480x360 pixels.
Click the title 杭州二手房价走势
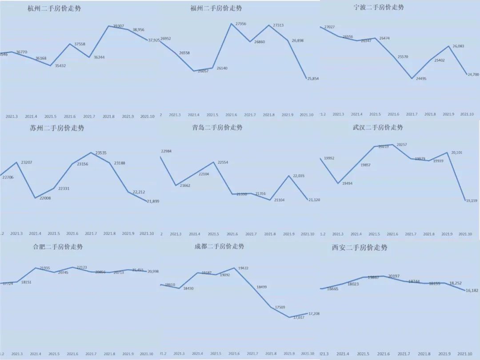tap(54, 8)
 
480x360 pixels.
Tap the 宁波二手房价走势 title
tap(379, 7)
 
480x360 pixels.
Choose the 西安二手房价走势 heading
tap(360, 247)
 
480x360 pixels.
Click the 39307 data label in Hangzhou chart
tap(118, 26)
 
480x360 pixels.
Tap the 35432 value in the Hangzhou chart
tap(59, 66)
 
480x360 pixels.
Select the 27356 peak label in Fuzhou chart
tap(240, 24)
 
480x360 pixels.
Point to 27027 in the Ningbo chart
tap(330, 27)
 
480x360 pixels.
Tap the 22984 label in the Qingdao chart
tap(167, 151)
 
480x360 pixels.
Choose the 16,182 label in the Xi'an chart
tap(471, 291)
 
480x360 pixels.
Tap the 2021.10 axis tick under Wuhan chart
tap(464, 234)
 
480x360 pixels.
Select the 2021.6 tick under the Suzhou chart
tap(72, 234)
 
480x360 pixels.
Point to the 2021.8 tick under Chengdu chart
tap(270, 354)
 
